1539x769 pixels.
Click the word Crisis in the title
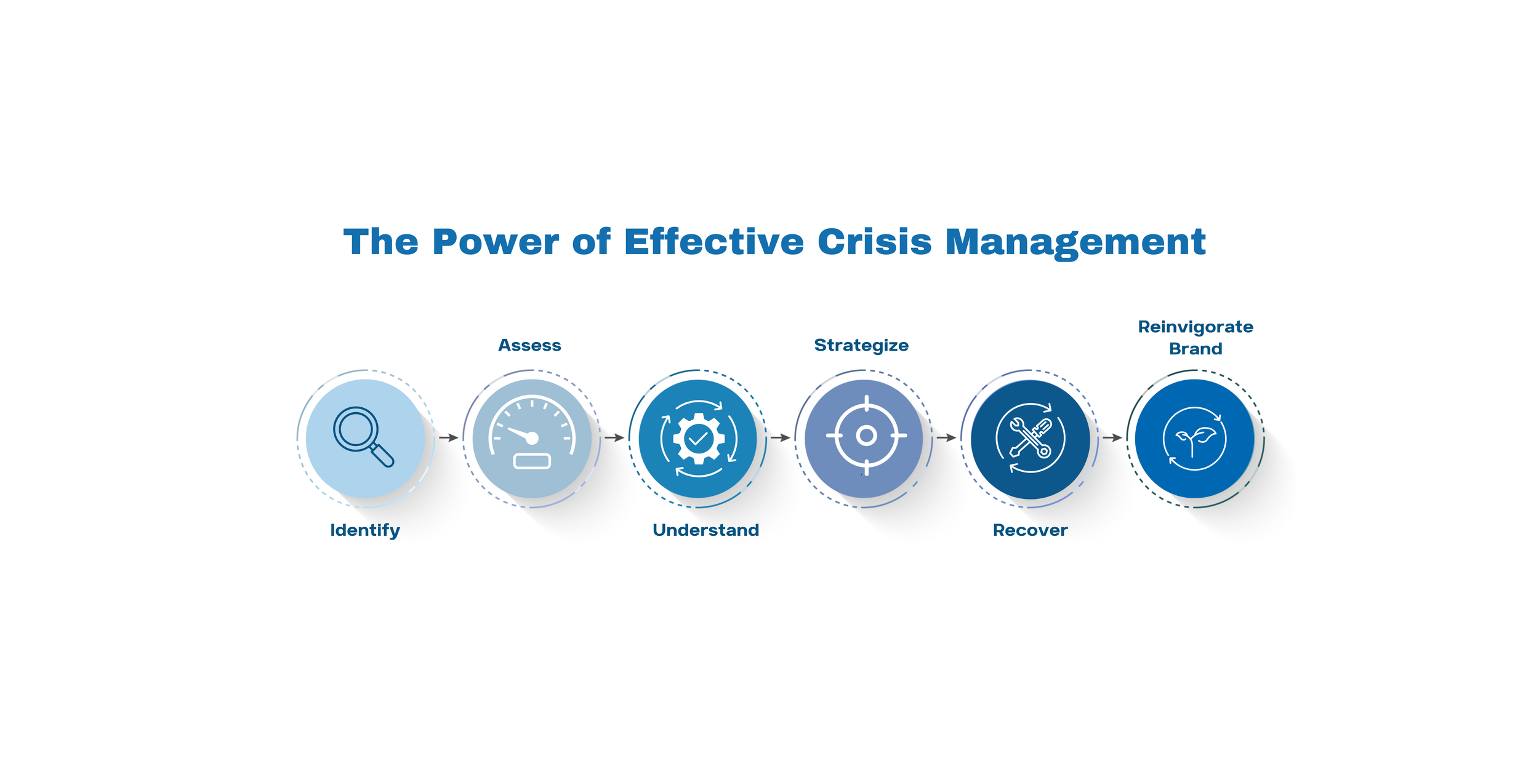click(x=874, y=242)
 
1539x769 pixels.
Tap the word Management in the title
click(x=1075, y=242)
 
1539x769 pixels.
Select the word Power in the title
click(x=496, y=242)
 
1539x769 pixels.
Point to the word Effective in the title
click(x=713, y=242)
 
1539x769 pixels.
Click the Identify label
click(x=365, y=530)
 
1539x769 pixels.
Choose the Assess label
click(x=529, y=345)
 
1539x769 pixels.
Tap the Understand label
click(x=705, y=530)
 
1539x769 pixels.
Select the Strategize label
click(x=861, y=345)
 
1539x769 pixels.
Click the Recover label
click(x=1030, y=530)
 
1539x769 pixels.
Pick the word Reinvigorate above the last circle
click(x=1195, y=327)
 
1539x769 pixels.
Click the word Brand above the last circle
click(x=1195, y=349)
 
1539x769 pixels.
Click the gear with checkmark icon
click(x=699, y=439)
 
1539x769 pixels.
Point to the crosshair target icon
click(x=866, y=436)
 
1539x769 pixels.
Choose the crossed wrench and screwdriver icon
click(x=1030, y=438)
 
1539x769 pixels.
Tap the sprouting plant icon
click(x=1194, y=439)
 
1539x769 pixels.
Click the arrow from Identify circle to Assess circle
click(x=449, y=437)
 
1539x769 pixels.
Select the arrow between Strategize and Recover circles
click(x=946, y=437)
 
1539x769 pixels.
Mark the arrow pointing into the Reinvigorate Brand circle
click(x=1112, y=437)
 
